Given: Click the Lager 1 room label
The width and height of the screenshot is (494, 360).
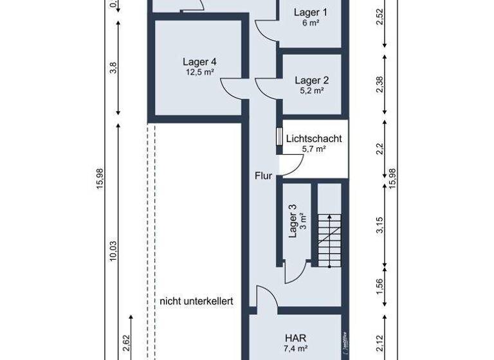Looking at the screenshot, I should point(310,12).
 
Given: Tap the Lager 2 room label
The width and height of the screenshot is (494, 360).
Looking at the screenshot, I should point(311,80).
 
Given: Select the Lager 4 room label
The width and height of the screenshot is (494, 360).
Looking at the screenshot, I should point(199,62).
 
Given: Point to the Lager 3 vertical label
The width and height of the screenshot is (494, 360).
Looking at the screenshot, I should point(293,221).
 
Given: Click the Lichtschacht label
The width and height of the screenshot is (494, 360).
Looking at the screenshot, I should point(314,138).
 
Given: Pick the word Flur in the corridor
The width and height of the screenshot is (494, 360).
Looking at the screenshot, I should point(264,175).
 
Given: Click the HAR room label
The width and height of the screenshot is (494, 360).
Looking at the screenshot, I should point(296,337).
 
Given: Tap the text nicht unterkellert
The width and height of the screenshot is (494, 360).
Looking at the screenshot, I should point(196,301).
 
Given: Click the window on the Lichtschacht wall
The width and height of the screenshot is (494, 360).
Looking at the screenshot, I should point(279,138).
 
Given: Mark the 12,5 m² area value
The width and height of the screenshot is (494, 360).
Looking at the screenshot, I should point(199,73).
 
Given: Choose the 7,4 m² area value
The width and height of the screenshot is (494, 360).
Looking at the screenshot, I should point(296,348).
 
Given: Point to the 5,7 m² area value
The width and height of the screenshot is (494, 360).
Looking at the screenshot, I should point(314,148).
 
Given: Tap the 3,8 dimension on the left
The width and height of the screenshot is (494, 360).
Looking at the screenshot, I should point(114,67).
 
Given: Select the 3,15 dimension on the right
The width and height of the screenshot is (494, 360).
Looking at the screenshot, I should point(380,224).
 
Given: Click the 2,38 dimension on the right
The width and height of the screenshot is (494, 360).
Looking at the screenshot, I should point(380,84).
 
